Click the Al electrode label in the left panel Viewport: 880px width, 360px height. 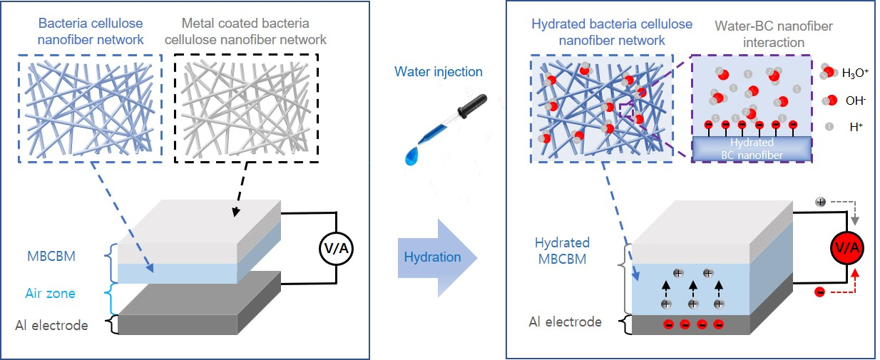tap(51, 325)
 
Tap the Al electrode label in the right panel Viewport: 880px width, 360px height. tap(566, 322)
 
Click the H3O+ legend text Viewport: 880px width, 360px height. tap(856, 72)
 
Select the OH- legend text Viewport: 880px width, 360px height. tap(853, 101)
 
